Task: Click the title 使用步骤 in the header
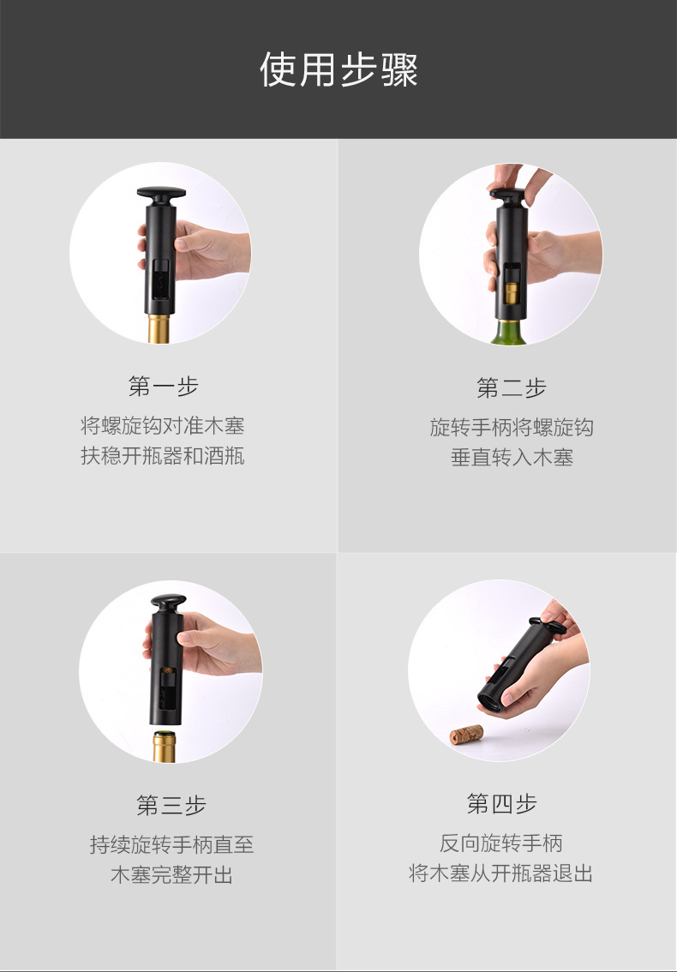[338, 69]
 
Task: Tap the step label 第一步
[163, 387]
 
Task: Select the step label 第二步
[512, 388]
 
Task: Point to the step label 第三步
[171, 805]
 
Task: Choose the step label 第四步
[501, 803]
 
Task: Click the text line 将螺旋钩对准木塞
[163, 426]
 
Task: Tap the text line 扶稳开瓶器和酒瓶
[163, 456]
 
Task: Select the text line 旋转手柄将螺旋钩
[512, 427]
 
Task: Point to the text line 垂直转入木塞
[512, 458]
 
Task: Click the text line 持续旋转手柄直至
[171, 844]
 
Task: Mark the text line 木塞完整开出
[171, 874]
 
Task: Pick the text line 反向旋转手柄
[501, 843]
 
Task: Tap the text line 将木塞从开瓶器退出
[501, 873]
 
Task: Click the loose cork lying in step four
[466, 735]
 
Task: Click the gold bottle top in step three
[165, 747]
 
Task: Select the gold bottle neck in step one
[159, 328]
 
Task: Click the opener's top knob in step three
[168, 602]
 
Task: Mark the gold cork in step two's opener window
[512, 293]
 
